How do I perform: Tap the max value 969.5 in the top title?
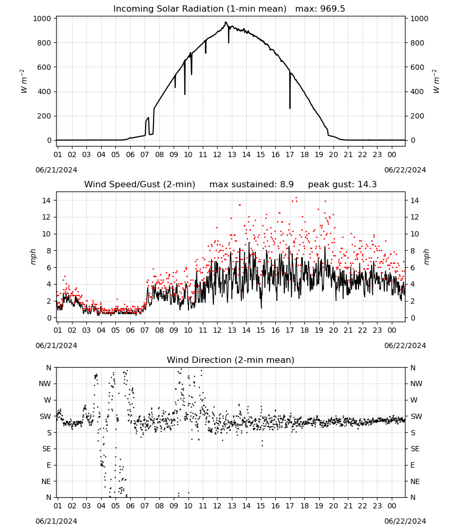(332, 9)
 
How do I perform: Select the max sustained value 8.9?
(286, 185)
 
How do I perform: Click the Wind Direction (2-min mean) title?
(231, 360)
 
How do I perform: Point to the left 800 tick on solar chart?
(44, 43)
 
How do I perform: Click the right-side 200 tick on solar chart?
(417, 116)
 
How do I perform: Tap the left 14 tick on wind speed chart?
(47, 200)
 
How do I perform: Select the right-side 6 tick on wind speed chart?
(412, 268)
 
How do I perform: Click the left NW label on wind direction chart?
(45, 384)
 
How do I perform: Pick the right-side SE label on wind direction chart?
(415, 449)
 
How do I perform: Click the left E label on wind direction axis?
(49, 465)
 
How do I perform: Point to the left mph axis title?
(33, 257)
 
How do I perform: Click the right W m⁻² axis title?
(436, 81)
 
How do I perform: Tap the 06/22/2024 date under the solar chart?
(405, 170)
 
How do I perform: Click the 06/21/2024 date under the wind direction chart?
(56, 521)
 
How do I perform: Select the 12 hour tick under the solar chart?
(217, 154)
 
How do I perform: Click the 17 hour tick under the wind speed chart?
(290, 330)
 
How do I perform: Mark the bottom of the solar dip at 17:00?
(290, 108)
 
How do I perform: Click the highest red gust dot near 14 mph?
(296, 198)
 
